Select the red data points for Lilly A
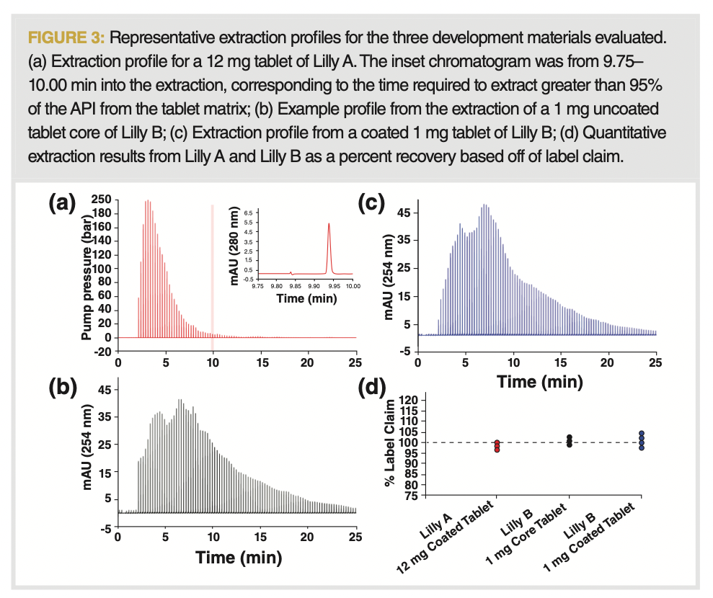497,446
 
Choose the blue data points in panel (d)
641,440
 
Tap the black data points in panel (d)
569,440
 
